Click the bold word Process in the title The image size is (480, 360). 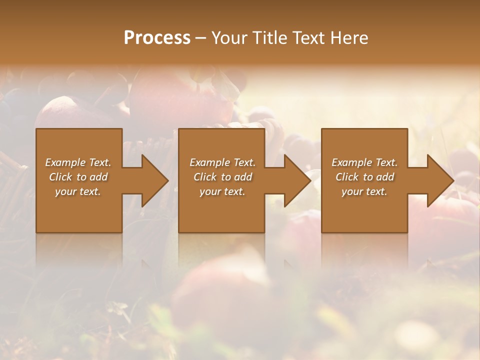(157, 38)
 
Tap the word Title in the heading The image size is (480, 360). (268, 38)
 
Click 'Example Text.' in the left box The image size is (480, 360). (78, 162)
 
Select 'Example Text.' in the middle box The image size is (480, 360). (222, 162)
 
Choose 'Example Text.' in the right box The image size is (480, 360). (364, 162)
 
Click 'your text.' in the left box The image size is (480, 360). (78, 191)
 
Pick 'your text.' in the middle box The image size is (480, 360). (222, 191)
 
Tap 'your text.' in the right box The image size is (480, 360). (364, 191)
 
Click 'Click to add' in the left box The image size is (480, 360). (78, 177)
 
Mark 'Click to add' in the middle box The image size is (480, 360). (222, 177)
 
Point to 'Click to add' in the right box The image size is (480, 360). (364, 177)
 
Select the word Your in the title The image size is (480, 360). (228, 38)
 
